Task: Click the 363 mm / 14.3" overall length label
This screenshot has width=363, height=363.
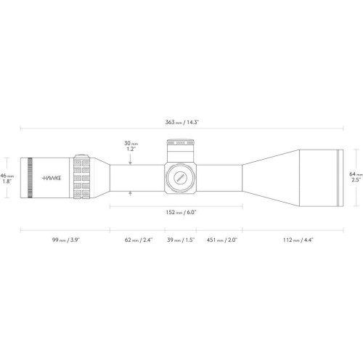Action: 182,122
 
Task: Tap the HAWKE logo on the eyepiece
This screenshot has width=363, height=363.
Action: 52,178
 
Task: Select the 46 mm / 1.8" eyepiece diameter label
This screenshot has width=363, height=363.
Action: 7,179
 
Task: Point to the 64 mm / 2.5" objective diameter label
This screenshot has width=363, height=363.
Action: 356,177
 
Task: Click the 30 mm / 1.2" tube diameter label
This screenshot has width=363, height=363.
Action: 131,146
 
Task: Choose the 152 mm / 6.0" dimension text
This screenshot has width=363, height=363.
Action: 181,213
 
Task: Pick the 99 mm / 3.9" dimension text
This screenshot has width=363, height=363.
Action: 66,240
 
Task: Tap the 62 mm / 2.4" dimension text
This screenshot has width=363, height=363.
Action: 139,240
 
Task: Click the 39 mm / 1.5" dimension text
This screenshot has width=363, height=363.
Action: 181,240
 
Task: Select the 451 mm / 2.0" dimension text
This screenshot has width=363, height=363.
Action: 222,240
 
